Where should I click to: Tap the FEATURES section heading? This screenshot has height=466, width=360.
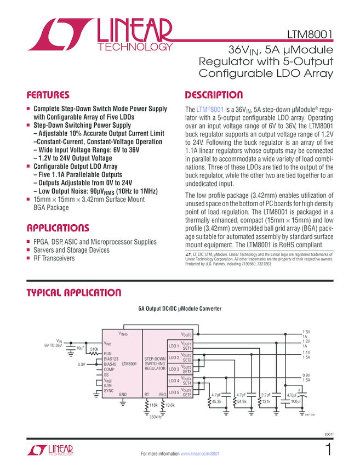[x=48, y=94]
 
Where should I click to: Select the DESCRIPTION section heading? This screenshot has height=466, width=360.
[x=214, y=94]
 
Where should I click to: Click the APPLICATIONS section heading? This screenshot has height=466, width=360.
[x=58, y=228]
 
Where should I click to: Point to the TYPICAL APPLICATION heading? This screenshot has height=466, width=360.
[x=74, y=292]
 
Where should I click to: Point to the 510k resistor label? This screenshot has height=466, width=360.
[x=94, y=349]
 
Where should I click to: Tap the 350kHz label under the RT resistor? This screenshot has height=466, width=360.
[x=155, y=417]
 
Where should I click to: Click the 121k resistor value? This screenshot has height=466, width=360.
[x=267, y=402]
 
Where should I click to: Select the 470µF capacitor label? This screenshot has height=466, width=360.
[x=292, y=395]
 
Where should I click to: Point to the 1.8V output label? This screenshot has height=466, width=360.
[x=307, y=332]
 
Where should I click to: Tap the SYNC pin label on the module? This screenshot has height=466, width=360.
[x=108, y=390]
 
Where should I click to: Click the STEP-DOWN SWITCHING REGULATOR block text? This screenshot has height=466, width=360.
[x=155, y=365]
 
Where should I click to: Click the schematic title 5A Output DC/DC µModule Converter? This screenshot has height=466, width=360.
[x=180, y=309]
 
